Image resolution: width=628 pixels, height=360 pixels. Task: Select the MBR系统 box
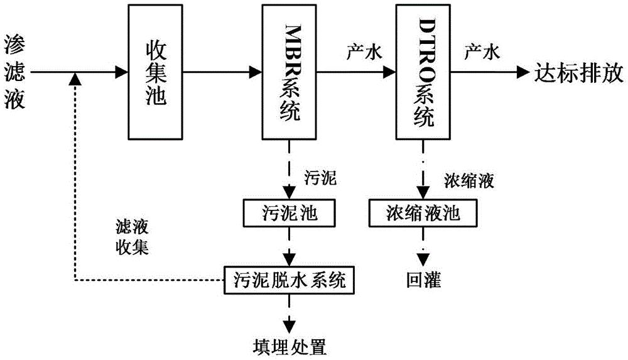(289, 72)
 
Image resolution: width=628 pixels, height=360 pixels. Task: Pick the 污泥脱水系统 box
(290, 278)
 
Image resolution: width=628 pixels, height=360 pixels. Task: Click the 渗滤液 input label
(15, 72)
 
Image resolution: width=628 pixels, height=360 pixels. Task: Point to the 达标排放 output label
(578, 72)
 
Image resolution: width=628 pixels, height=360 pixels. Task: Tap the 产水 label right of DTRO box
(481, 55)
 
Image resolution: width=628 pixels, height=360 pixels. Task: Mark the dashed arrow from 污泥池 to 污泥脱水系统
(290, 246)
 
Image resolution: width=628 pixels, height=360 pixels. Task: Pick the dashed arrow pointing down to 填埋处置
(290, 311)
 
